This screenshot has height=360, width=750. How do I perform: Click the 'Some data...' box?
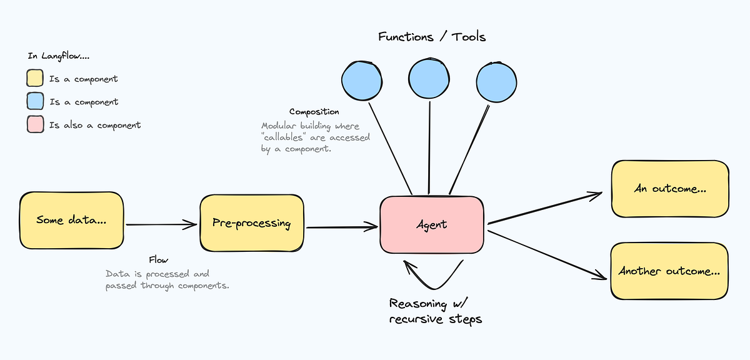coord(71,219)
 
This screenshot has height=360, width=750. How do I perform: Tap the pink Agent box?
coord(432,224)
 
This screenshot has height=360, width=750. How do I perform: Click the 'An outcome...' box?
coord(669,188)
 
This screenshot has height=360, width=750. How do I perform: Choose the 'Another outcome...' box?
coord(669,271)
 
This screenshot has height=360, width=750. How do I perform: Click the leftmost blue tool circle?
coord(361,80)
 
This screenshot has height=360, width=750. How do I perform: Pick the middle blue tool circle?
coord(429,78)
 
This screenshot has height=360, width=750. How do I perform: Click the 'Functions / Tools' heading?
coord(432,37)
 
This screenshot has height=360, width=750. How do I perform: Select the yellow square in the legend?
coord(35,79)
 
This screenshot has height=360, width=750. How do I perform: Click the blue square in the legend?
coord(35,101)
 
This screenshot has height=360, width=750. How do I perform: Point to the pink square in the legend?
coord(35,124)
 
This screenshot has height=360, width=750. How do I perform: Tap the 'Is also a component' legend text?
coord(95,125)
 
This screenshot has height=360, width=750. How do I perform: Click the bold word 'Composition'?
coord(314,112)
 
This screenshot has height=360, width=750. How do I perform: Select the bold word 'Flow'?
coord(158,259)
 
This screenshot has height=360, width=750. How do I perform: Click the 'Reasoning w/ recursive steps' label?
coord(436,311)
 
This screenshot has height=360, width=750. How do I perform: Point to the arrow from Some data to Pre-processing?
coord(161,223)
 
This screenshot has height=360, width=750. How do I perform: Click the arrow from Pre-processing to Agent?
coord(342,227)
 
